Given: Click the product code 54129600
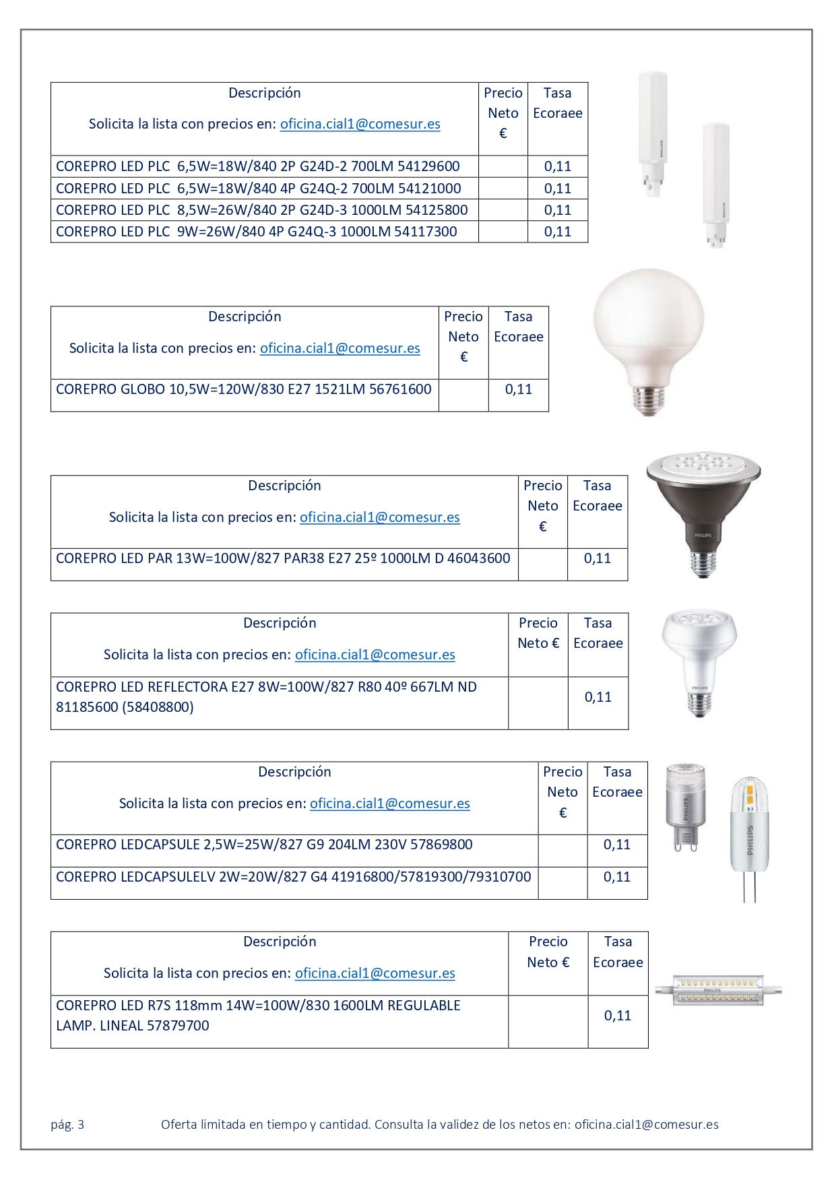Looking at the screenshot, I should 428,166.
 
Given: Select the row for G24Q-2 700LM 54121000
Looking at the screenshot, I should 258,189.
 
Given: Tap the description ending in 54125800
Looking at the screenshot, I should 261,210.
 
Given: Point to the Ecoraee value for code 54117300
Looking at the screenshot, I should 557,232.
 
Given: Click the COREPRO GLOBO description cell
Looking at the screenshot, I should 243,389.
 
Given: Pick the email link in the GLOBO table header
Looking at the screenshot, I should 340,348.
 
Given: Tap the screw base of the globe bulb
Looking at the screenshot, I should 649,400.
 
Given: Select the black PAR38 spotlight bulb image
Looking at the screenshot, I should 703,512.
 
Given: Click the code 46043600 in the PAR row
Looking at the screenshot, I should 478,558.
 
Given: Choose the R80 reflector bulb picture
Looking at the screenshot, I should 699,660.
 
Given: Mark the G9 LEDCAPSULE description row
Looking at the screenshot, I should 264,845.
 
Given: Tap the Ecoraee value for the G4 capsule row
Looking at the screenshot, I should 616,877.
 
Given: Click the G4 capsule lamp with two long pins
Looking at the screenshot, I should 749,839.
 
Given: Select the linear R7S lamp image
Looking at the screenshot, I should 718,991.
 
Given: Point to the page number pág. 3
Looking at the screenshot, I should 67,1124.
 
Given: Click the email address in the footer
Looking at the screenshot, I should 646,1124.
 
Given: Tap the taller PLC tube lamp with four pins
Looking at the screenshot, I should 715,182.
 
